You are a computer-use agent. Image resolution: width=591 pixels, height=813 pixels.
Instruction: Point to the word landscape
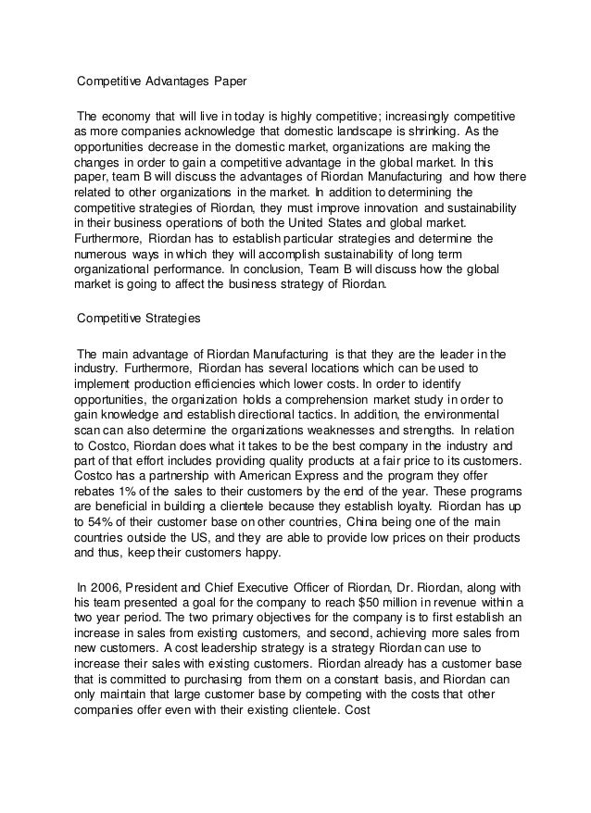(345, 132)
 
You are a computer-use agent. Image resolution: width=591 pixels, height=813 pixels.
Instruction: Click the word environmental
(459, 414)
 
